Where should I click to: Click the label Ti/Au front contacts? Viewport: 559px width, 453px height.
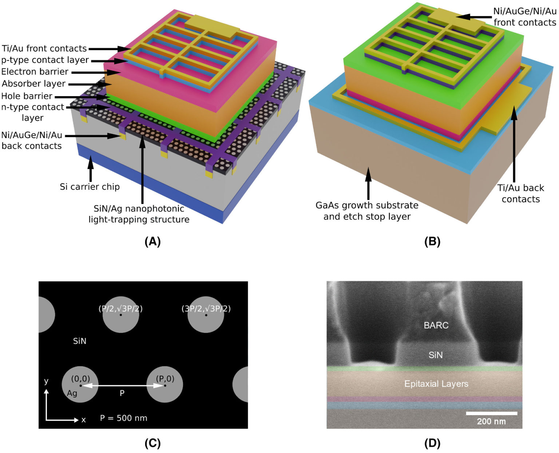(x=44, y=48)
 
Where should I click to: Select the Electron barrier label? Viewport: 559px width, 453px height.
(x=35, y=71)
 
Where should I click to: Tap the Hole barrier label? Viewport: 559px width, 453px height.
(x=27, y=96)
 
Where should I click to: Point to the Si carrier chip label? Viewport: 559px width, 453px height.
(x=90, y=187)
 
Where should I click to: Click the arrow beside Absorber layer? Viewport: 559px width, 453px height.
(x=89, y=84)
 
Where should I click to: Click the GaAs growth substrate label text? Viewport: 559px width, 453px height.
(x=367, y=205)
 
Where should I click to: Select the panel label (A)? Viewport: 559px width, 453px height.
(x=152, y=241)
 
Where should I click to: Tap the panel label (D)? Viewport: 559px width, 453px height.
(x=432, y=443)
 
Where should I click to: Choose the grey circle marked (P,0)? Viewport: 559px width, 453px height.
(x=164, y=385)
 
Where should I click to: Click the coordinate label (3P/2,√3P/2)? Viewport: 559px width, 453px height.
(x=206, y=309)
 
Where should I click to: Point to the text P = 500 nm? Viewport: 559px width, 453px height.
(x=124, y=418)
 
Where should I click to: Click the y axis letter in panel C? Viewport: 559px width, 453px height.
(x=46, y=381)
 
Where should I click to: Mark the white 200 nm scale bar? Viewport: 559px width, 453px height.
(x=491, y=413)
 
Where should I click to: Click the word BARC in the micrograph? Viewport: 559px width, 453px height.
(x=436, y=325)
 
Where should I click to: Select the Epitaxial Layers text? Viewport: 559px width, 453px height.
(x=436, y=384)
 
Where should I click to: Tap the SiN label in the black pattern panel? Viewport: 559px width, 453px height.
(x=80, y=341)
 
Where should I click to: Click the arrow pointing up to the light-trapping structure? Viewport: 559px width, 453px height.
(x=142, y=171)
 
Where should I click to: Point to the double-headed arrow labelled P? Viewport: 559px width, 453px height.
(x=122, y=386)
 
